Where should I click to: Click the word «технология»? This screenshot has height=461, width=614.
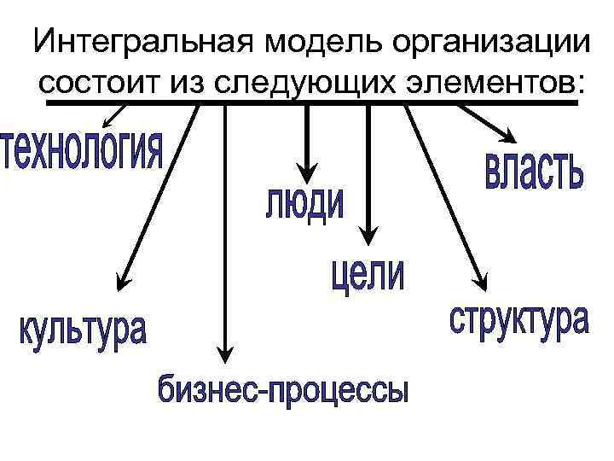coord(81,150)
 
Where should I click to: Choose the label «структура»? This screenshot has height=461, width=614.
coord(518,319)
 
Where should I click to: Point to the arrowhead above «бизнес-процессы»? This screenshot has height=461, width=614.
coord(225,352)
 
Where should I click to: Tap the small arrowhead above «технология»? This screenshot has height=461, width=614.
coord(109,120)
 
